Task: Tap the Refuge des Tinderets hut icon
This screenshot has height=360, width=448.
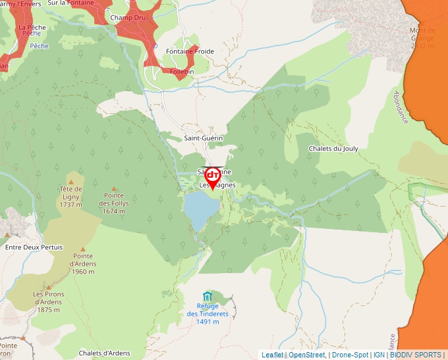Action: (x=208, y=296)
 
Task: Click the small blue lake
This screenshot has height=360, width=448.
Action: (x=200, y=209)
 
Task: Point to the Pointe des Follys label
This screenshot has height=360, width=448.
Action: (x=114, y=203)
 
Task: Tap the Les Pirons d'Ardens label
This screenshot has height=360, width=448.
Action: (x=48, y=301)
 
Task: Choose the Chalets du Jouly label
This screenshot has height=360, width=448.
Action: (x=333, y=149)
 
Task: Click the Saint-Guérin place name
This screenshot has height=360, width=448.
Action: (x=203, y=138)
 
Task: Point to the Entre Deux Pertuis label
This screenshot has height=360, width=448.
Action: (x=34, y=247)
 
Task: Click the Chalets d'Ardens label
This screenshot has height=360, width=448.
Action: (x=104, y=353)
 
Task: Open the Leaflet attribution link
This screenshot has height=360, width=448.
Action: (x=272, y=355)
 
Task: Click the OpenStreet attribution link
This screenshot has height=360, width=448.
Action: (x=307, y=355)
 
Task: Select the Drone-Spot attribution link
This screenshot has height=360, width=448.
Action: (x=350, y=355)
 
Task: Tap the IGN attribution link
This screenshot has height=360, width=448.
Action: (x=379, y=355)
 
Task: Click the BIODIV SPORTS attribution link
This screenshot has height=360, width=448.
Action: (x=416, y=355)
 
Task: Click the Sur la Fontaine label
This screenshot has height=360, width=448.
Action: (x=70, y=3)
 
